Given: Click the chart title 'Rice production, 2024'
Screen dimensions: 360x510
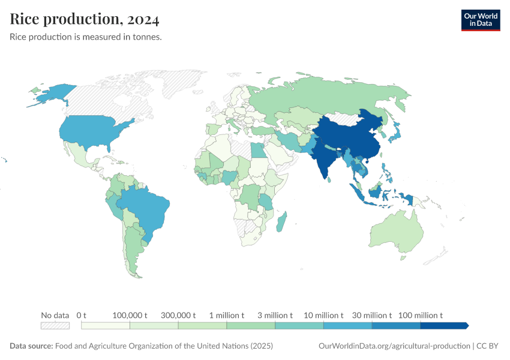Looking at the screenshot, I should coord(85,19).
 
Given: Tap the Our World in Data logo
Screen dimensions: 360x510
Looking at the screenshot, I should coord(480,19).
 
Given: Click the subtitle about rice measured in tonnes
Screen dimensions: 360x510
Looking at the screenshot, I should coord(86,37).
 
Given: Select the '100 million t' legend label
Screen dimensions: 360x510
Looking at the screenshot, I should coord(420,315).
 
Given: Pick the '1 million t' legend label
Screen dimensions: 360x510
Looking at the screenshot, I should coord(227,315).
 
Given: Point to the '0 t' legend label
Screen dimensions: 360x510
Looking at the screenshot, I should coord(82,315).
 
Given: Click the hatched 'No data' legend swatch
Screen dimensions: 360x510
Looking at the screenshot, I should coord(55,326).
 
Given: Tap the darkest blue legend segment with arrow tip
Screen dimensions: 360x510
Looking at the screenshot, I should coord(443,326).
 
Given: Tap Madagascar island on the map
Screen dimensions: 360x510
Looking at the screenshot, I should coord(282,222).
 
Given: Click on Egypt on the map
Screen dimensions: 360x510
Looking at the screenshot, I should coord(258,148).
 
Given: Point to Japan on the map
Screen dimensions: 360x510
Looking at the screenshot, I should coord(396,133).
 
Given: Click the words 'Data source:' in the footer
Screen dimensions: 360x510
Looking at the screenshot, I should coord(31,346).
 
